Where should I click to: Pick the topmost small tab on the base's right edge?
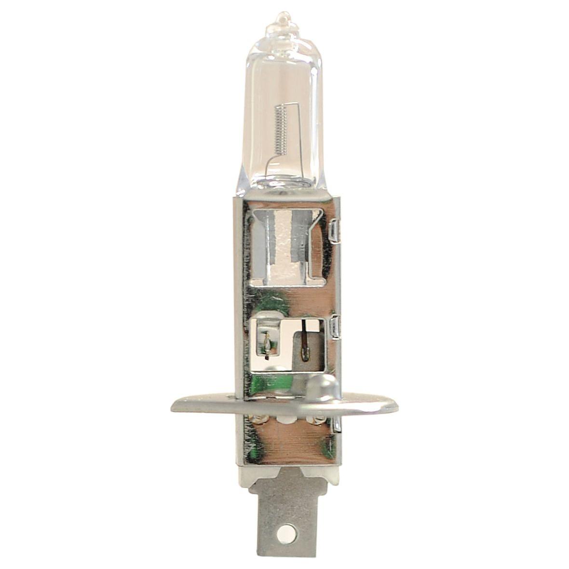pyautogui.click(x=337, y=231)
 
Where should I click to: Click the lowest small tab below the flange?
pyautogui.click(x=337, y=424)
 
